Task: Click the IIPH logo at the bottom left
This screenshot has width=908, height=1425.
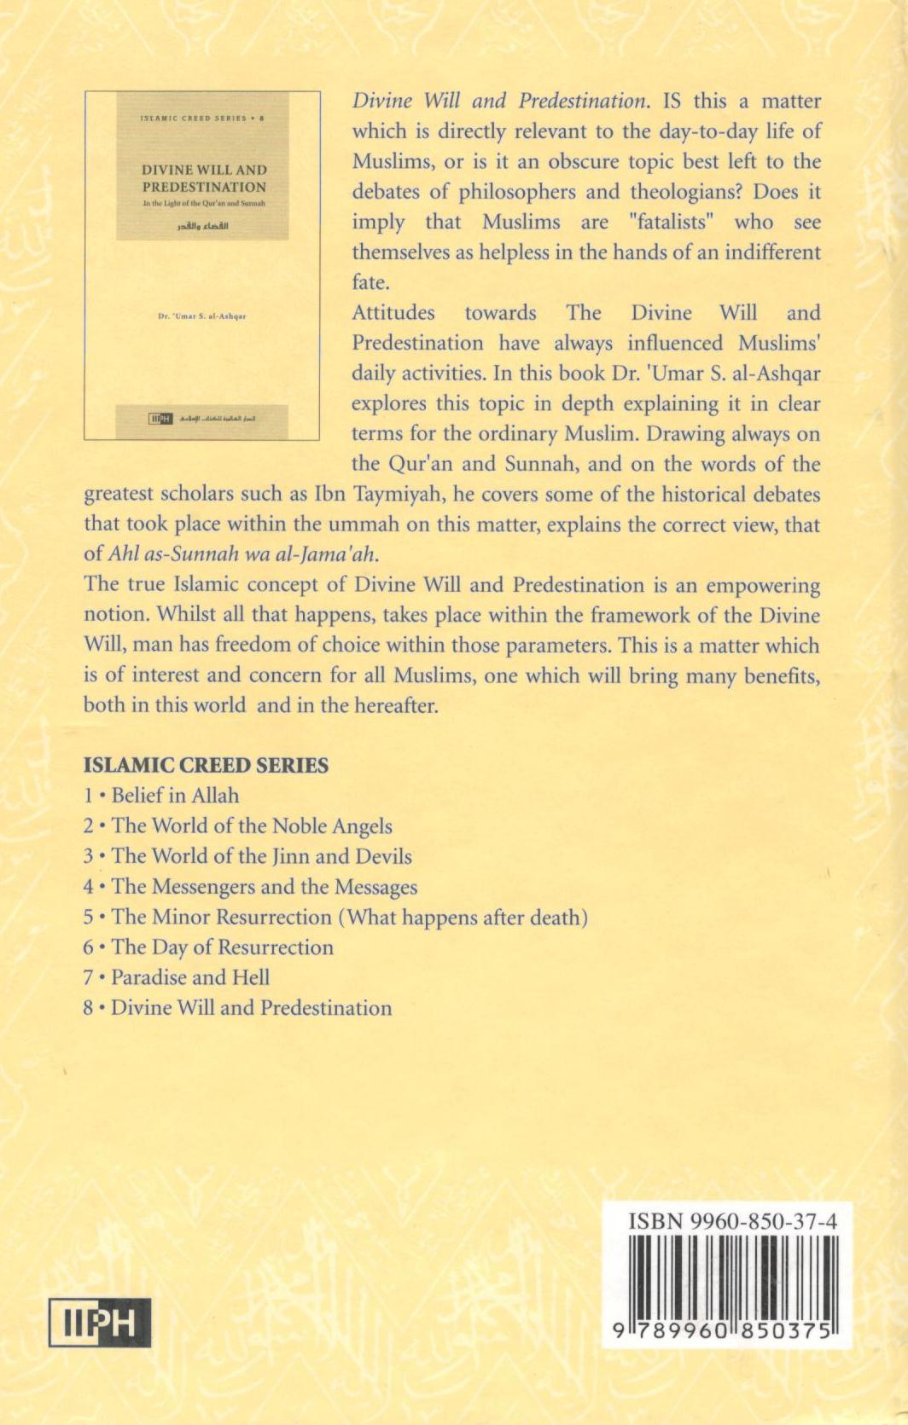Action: pos(100,1323)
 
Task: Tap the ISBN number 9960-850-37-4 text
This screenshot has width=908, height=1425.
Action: pos(732,1222)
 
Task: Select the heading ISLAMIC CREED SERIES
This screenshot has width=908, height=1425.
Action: pos(206,765)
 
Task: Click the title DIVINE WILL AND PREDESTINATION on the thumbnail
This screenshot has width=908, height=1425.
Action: pos(204,178)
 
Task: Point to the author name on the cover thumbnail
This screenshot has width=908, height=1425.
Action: pos(202,316)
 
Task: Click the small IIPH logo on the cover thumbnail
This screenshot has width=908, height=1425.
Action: pos(160,418)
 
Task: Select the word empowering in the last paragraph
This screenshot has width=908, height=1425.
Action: pos(760,586)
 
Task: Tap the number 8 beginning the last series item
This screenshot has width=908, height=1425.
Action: pos(88,1008)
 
